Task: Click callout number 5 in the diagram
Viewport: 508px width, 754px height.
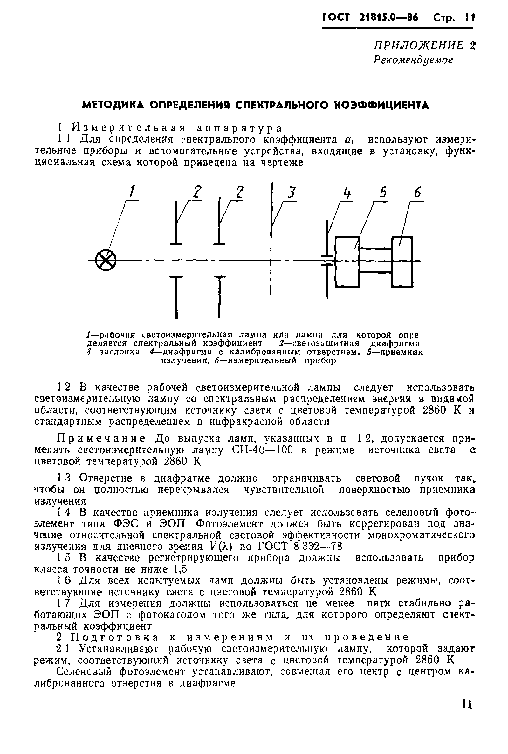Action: [383, 193]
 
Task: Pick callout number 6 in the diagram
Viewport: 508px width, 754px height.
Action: [418, 193]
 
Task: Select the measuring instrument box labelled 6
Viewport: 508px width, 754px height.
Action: [402, 262]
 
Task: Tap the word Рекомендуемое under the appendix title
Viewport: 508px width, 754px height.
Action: [413, 60]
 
